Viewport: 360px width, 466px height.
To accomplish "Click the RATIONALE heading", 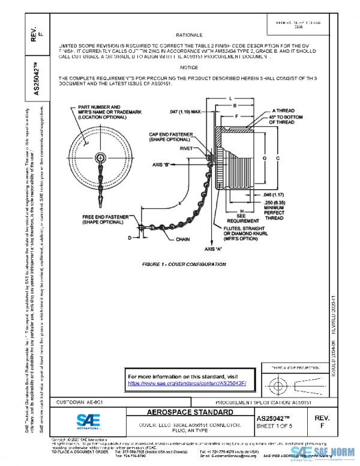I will [189, 35].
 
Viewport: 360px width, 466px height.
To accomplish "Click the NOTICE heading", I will [189, 67].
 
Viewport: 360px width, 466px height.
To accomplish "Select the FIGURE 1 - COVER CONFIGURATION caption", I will [175, 264].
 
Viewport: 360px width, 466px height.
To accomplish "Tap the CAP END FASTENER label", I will [170, 136].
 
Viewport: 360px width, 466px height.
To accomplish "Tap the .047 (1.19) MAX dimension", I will [188, 112].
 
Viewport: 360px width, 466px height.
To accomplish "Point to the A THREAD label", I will [283, 110].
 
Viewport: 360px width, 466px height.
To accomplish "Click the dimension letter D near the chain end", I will [128, 238].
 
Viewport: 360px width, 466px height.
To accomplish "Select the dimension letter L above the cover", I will [230, 97].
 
